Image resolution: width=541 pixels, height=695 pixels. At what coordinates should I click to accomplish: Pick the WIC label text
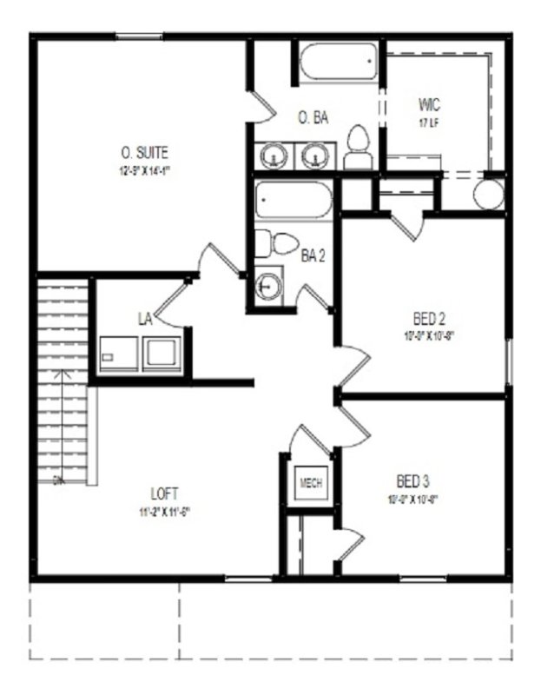pos(429,105)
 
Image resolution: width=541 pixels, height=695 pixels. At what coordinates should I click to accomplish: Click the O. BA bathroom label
pos(313,118)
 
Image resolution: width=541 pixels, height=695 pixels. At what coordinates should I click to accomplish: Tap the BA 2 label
pos(313,255)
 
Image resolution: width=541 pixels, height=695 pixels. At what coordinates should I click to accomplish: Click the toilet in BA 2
pos(278,245)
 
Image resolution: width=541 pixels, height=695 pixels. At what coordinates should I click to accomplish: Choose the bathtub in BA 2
pos(294,202)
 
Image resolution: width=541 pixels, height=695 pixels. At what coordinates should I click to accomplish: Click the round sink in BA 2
pos(268,286)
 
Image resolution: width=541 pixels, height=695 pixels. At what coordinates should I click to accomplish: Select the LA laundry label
pos(145,319)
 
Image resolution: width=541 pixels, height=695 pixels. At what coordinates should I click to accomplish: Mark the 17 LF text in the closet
pos(429,122)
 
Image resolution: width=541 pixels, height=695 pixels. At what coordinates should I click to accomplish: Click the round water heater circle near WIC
pos(489,195)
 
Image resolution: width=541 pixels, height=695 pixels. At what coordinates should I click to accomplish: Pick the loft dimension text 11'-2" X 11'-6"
pos(163,511)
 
